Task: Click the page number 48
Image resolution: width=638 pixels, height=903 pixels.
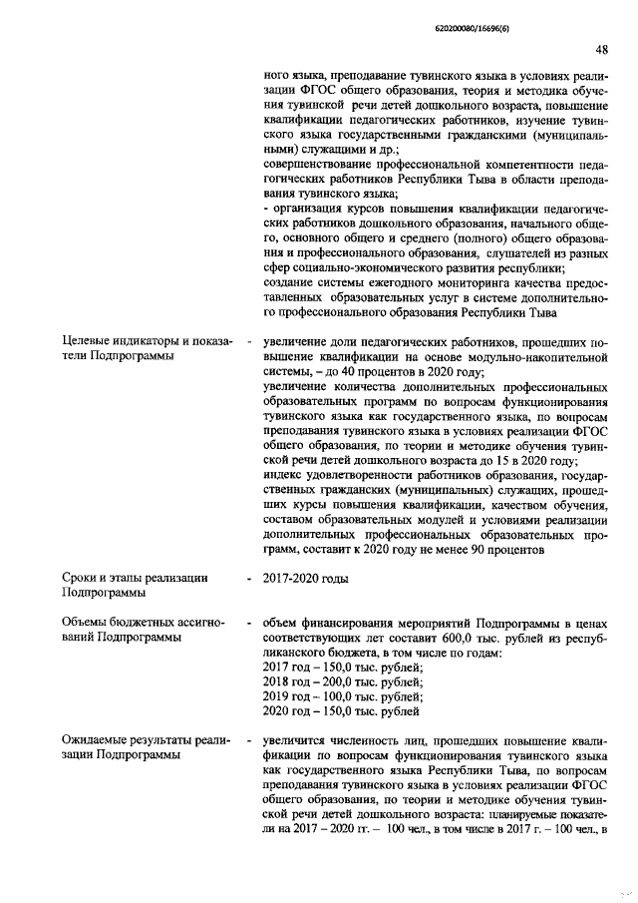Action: pos(601,49)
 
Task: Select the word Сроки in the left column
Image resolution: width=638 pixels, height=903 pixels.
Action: pos(81,577)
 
